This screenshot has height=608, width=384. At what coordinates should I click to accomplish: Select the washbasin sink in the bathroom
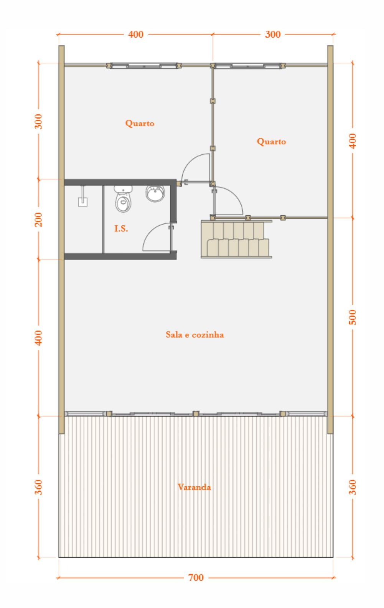[x=155, y=193]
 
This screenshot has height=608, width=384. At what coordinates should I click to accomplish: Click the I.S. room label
[x=121, y=229]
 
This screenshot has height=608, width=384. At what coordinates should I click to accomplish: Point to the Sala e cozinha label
[x=194, y=335]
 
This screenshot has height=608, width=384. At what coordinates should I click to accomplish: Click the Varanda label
[x=194, y=487]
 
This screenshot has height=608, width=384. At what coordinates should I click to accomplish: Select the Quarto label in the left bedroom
[x=140, y=123]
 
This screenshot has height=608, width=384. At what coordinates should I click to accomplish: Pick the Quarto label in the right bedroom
[x=271, y=142]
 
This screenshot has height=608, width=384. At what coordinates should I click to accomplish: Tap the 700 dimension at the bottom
[x=196, y=578]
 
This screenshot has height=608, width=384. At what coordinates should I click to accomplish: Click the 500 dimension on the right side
[x=353, y=317]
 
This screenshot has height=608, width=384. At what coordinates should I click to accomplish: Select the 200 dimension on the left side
[x=39, y=219]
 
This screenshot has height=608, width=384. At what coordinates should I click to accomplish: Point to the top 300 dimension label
[x=273, y=34]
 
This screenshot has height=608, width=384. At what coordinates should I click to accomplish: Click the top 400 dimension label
[x=136, y=34]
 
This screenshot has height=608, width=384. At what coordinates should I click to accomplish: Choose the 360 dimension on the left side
[x=39, y=487]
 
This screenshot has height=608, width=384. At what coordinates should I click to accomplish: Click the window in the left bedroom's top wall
[x=144, y=66]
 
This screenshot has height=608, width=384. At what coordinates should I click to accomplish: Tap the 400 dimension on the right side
[x=353, y=140]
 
